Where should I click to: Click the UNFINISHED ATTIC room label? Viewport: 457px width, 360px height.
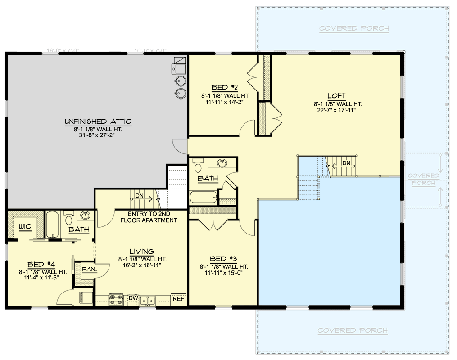[x=97, y=121]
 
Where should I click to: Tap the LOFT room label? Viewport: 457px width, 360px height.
[x=336, y=96]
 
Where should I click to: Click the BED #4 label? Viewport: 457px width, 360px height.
[x=42, y=264]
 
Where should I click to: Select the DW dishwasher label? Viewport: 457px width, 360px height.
[x=133, y=298]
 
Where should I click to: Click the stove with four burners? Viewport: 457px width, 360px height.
[x=117, y=300]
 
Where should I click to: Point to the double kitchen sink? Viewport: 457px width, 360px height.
[x=147, y=300]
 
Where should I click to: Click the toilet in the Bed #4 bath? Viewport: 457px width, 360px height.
[x=69, y=220]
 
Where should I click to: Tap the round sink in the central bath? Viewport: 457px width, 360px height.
[x=222, y=163]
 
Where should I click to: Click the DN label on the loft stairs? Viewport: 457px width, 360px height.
[x=346, y=162]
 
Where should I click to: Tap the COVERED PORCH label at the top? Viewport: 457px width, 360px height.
[x=354, y=29]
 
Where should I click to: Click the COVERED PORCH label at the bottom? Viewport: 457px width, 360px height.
[x=352, y=330]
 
